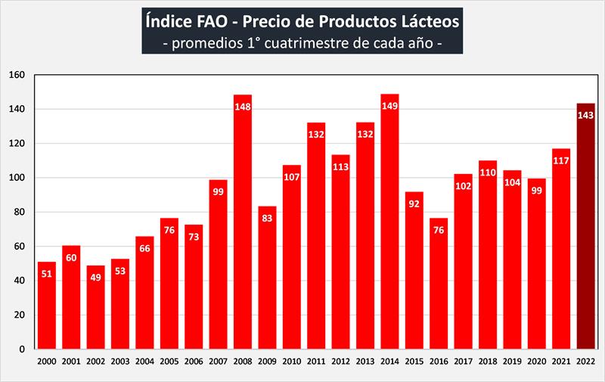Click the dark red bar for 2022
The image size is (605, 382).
[585, 227]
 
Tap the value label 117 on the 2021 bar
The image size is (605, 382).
[560, 161]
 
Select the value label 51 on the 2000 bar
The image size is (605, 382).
[46, 275]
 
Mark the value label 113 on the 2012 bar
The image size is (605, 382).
[341, 167]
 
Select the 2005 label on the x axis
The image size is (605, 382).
[169, 362]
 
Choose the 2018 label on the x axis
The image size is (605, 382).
[489, 362]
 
